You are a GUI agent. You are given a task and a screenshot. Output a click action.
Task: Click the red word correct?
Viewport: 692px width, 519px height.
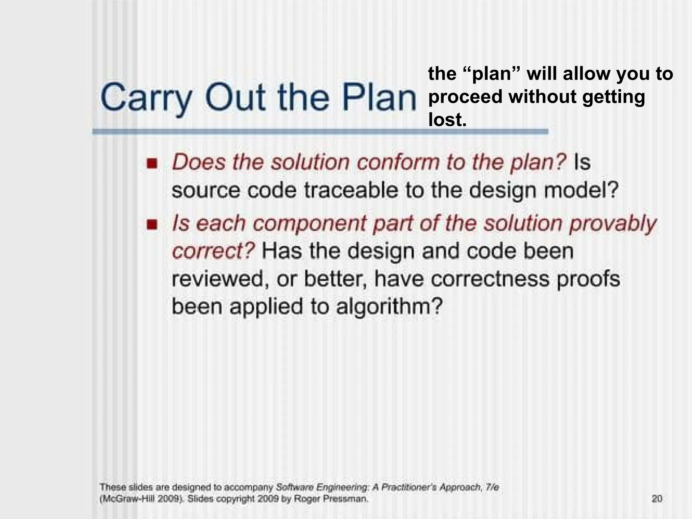coord(213,252)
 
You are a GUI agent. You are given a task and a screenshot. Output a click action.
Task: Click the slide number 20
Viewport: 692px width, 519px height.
coord(657,499)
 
